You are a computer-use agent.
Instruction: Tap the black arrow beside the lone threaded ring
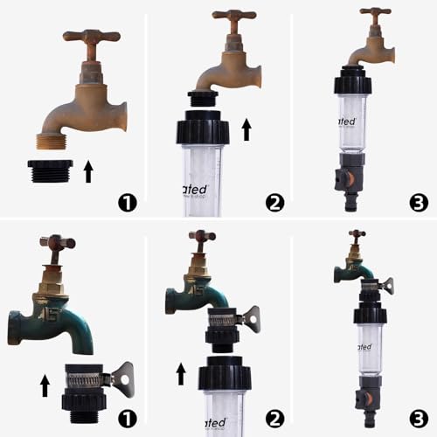[x=87, y=170]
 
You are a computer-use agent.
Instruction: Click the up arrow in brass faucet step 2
[x=246, y=129]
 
